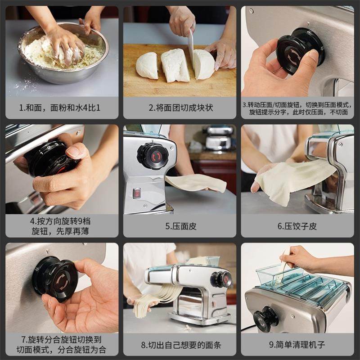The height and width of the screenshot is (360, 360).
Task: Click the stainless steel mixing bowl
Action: [63, 53]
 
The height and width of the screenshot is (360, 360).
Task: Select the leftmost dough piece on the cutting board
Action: [147, 65]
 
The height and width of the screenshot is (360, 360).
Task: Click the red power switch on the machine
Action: [137, 193]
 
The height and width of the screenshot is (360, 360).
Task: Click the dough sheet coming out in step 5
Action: [196, 183]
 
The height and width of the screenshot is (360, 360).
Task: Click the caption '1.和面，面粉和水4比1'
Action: [60, 108]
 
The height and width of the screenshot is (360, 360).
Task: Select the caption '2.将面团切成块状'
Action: [181, 108]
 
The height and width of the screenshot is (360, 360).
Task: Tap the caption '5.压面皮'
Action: [181, 226]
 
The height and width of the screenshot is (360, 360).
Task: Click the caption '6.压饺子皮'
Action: [297, 226]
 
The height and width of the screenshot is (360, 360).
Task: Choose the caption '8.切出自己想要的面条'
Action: [181, 345]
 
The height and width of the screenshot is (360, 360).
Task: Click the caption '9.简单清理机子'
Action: [297, 345]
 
